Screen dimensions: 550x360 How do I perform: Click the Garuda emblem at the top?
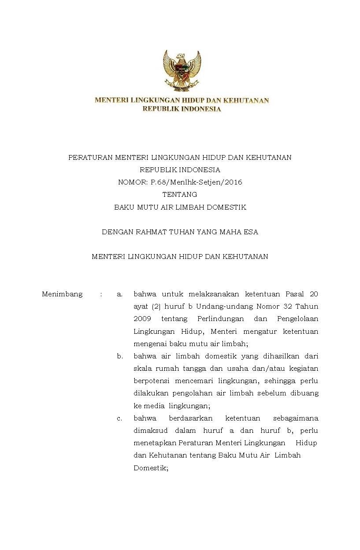(182, 70)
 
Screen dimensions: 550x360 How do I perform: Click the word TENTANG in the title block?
(180, 194)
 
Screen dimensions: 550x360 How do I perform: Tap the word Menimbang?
(62, 294)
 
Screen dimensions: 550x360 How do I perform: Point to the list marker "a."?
(119, 294)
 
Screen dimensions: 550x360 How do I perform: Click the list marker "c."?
(119, 418)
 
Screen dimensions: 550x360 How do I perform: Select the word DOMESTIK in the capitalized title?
(227, 207)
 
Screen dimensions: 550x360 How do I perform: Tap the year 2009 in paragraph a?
(142, 318)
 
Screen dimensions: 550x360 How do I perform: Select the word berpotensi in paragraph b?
(151, 381)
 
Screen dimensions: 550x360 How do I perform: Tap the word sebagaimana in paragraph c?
(296, 418)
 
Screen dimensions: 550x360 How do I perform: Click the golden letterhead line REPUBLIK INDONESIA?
(182, 109)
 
